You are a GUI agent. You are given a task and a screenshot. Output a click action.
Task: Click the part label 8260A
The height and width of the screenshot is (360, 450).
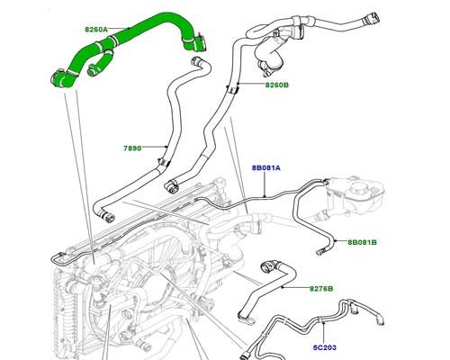(95, 30)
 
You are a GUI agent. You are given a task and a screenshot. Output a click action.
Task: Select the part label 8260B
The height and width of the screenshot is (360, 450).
(276, 85)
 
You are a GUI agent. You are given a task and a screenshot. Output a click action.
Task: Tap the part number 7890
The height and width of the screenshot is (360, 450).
(132, 148)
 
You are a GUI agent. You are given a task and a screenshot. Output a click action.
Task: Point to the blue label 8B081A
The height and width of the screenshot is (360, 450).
(266, 168)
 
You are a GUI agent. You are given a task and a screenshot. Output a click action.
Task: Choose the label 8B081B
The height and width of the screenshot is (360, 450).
(362, 242)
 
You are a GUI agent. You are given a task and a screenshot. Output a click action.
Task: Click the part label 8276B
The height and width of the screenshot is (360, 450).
(321, 289)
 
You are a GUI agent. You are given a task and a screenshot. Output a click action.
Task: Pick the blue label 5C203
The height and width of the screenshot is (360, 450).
(325, 347)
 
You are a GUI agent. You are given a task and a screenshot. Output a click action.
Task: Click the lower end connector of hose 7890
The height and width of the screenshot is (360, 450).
(107, 217)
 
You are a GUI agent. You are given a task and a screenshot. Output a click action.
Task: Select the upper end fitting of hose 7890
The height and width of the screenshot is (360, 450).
(196, 61)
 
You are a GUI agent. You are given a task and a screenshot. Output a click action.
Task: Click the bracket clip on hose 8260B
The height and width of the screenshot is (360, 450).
(232, 89)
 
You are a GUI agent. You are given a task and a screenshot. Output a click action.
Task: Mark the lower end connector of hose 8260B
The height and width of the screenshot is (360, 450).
(171, 186)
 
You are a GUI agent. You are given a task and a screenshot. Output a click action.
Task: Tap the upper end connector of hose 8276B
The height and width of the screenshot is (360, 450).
(268, 266)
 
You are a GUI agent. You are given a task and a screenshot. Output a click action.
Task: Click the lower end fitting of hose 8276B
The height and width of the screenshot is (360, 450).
(246, 319)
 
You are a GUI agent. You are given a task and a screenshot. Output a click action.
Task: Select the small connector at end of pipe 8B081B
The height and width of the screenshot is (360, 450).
(321, 252)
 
